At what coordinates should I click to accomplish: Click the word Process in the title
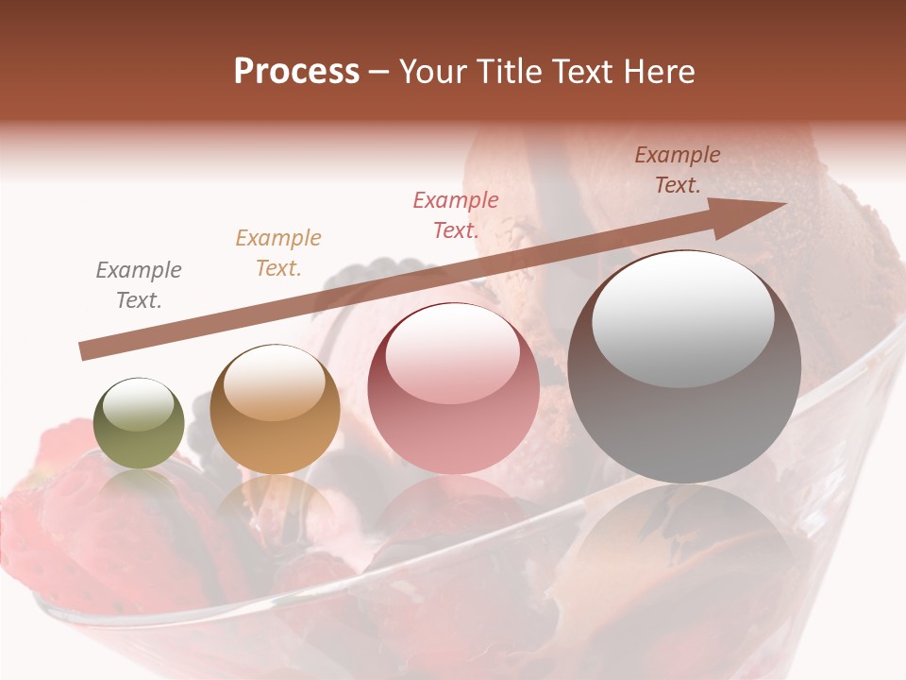click(296, 72)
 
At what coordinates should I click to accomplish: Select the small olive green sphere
click(139, 423)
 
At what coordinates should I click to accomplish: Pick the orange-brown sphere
click(275, 410)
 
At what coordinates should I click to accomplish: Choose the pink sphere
click(453, 389)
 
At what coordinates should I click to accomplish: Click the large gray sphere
click(684, 367)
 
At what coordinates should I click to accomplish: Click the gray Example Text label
click(139, 285)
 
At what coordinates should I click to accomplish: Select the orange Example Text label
click(278, 253)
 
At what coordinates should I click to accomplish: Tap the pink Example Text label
click(456, 214)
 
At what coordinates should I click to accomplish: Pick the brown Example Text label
click(678, 170)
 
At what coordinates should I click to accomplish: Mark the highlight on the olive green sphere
click(139, 404)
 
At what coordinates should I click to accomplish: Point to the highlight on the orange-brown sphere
click(274, 382)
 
